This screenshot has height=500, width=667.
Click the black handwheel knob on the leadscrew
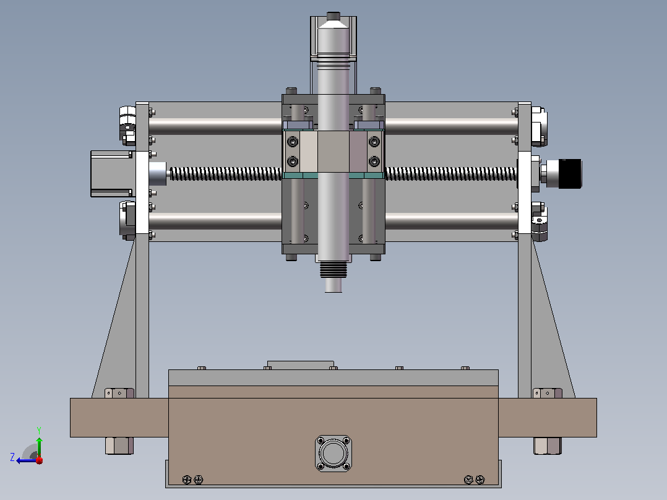(570, 174)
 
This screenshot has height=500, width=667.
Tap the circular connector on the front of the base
(333, 453)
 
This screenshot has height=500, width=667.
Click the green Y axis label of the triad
(39, 430)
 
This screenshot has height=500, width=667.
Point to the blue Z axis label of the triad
(12, 457)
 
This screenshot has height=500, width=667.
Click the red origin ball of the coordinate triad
(39, 460)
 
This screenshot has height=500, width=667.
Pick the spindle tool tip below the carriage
(333, 285)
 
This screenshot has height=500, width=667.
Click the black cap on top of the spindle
(333, 16)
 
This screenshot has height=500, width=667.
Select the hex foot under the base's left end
(119, 446)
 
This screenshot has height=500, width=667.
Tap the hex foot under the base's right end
(548, 446)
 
